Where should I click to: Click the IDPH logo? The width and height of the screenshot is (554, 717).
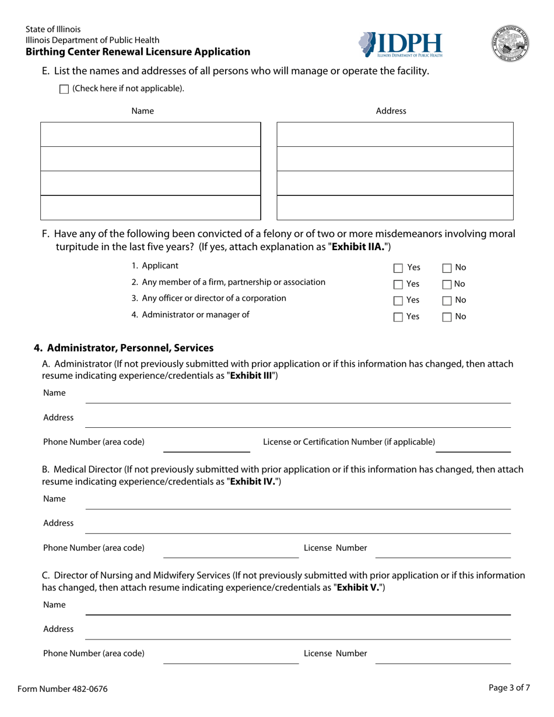(401, 45)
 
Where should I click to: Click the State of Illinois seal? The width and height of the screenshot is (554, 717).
(510, 44)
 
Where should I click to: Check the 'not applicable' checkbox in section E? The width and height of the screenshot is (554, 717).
(64, 89)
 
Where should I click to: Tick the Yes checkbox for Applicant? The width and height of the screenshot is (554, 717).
(398, 268)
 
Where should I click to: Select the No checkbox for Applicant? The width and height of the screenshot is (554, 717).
(447, 268)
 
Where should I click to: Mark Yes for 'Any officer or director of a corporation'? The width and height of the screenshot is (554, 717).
(398, 301)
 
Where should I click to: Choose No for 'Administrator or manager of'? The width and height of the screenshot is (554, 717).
(447, 317)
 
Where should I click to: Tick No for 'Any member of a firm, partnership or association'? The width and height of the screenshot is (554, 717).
(447, 284)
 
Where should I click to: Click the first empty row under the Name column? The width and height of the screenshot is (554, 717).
(150, 134)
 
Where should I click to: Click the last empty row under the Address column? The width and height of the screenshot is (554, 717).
(395, 208)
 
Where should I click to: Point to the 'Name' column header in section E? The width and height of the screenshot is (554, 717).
(142, 111)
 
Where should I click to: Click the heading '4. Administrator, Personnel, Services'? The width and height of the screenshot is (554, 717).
(124, 348)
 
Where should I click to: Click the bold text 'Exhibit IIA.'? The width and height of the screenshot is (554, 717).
(357, 247)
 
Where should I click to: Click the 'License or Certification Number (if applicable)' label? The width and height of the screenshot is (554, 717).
(349, 441)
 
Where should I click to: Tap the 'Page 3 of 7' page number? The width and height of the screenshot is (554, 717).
(509, 687)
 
